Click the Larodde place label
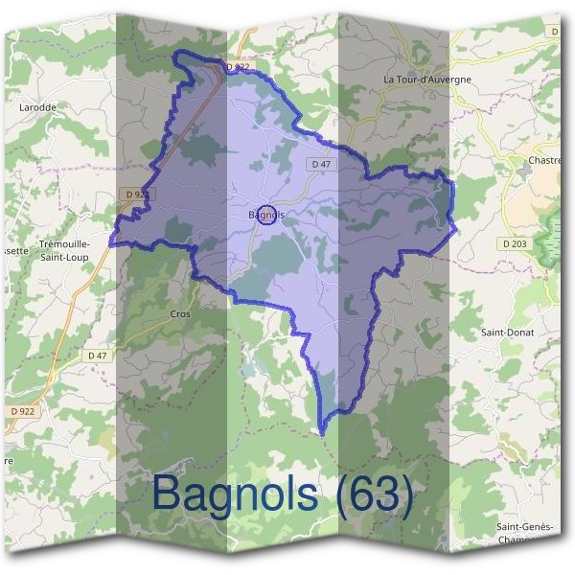(x=38, y=107)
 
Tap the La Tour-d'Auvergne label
(x=426, y=79)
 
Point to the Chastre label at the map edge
(x=544, y=160)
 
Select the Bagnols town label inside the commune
(x=265, y=215)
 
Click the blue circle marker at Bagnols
(x=267, y=213)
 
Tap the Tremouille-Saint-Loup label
(x=63, y=251)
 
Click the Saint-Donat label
(x=508, y=332)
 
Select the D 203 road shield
(x=514, y=244)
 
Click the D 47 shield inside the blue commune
(x=321, y=165)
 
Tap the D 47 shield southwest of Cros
(x=98, y=356)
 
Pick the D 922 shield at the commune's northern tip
(x=237, y=68)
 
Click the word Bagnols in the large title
(x=235, y=494)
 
